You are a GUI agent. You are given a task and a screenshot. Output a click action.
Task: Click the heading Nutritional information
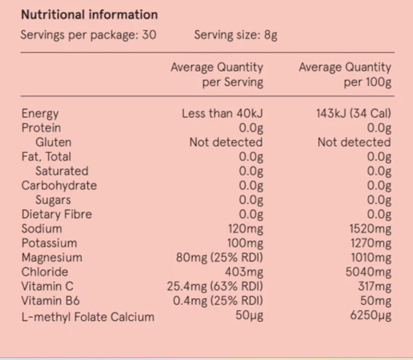(89, 14)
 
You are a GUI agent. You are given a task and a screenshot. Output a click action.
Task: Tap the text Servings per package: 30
(89, 35)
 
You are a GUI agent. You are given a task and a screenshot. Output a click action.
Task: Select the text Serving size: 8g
(236, 35)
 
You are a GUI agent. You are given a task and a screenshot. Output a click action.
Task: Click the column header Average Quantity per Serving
(217, 75)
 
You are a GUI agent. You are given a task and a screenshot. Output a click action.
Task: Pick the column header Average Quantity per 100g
(345, 75)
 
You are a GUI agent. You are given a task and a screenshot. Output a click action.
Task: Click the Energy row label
(40, 114)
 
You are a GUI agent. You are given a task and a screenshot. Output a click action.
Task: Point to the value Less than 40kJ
(222, 114)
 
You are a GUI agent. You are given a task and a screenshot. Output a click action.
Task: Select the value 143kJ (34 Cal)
(354, 114)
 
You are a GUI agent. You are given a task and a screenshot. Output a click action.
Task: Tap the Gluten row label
(53, 142)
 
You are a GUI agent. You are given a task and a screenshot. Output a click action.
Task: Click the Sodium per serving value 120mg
(245, 229)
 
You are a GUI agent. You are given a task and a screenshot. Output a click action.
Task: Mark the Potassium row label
(49, 243)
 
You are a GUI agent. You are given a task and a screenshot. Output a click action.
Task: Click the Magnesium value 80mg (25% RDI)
(219, 257)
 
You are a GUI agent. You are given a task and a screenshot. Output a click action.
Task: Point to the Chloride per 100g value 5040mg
(368, 272)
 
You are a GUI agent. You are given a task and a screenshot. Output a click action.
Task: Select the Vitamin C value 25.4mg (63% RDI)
(215, 286)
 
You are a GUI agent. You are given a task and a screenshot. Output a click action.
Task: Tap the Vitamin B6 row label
(51, 301)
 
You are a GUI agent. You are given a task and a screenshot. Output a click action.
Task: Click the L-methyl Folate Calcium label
(88, 317)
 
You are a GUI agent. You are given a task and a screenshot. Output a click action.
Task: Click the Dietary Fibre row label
(56, 215)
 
